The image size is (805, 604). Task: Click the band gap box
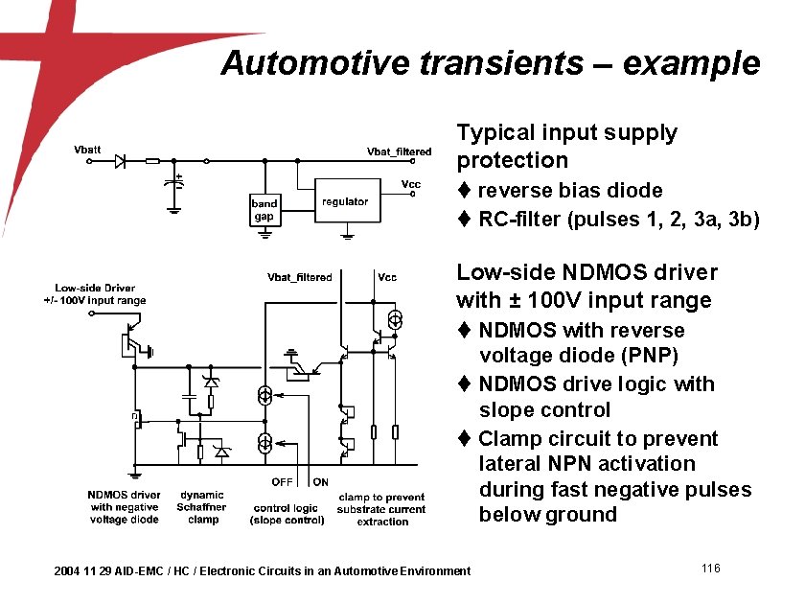point(264,209)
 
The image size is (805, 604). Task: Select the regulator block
point(345,201)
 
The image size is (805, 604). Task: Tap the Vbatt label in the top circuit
point(87,150)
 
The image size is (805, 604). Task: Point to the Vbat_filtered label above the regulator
point(399,151)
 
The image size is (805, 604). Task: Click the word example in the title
point(691,63)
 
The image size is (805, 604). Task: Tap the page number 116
point(710,569)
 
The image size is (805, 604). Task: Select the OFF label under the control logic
point(282,482)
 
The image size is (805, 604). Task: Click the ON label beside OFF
point(320,482)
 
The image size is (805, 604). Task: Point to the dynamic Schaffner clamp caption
point(202,507)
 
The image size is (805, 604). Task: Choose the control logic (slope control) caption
point(285,514)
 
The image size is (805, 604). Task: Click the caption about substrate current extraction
point(381,509)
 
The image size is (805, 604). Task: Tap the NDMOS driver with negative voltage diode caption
point(124,507)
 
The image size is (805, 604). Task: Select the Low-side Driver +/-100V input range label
point(101,293)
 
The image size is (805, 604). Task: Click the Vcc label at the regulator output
point(410,183)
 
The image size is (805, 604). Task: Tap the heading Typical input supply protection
point(566,146)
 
